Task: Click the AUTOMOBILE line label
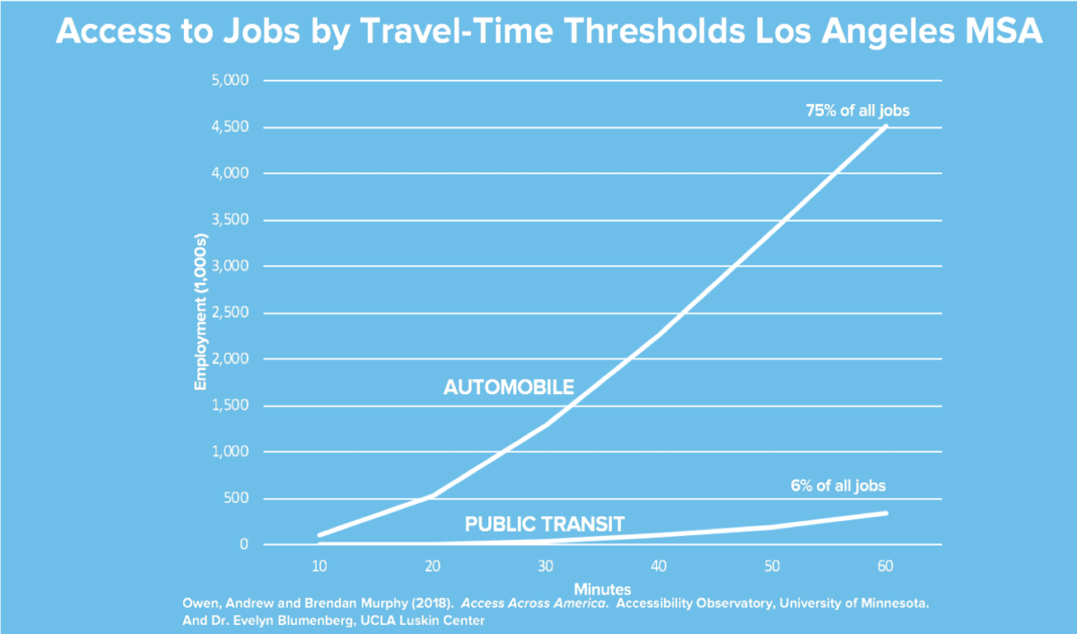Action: click(509, 388)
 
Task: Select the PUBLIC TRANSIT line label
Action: click(544, 524)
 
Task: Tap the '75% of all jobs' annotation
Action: click(855, 111)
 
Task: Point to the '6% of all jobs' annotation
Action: click(837, 486)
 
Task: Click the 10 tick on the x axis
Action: click(319, 566)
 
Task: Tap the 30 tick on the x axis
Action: click(546, 566)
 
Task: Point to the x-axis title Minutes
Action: click(602, 588)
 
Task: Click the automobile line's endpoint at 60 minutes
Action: click(887, 127)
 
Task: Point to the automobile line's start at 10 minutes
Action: click(320, 535)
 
